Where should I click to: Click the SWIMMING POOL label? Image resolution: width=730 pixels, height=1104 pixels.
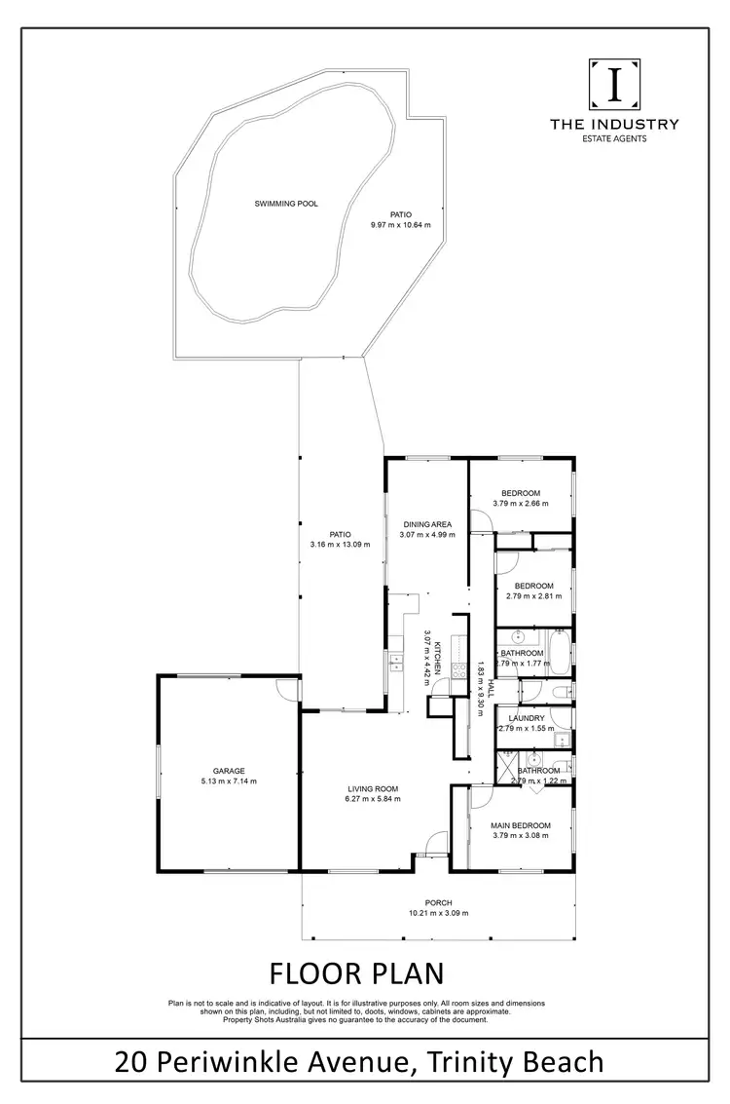[286, 204]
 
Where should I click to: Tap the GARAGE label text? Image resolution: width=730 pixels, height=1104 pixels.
[230, 770]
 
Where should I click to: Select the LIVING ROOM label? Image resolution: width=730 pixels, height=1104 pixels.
[373, 788]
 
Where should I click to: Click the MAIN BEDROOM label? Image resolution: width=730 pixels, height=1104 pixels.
[522, 824]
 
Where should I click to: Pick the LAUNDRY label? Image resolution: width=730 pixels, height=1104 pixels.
[526, 718]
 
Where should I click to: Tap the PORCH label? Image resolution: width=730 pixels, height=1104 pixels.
[438, 902]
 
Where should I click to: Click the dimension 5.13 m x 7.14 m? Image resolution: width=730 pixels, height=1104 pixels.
[230, 780]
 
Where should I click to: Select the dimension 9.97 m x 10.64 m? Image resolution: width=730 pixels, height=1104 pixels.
[400, 225]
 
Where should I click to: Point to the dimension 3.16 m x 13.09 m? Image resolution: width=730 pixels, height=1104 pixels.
[340, 545]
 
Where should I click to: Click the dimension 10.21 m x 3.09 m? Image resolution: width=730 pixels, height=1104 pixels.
[438, 913]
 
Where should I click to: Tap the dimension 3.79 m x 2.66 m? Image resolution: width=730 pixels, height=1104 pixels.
[521, 504]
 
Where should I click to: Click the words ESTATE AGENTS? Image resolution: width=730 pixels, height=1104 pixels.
[614, 138]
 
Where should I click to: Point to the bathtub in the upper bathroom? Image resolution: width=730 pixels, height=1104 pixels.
[562, 653]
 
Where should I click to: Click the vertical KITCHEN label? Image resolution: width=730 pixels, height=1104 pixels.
[439, 658]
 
